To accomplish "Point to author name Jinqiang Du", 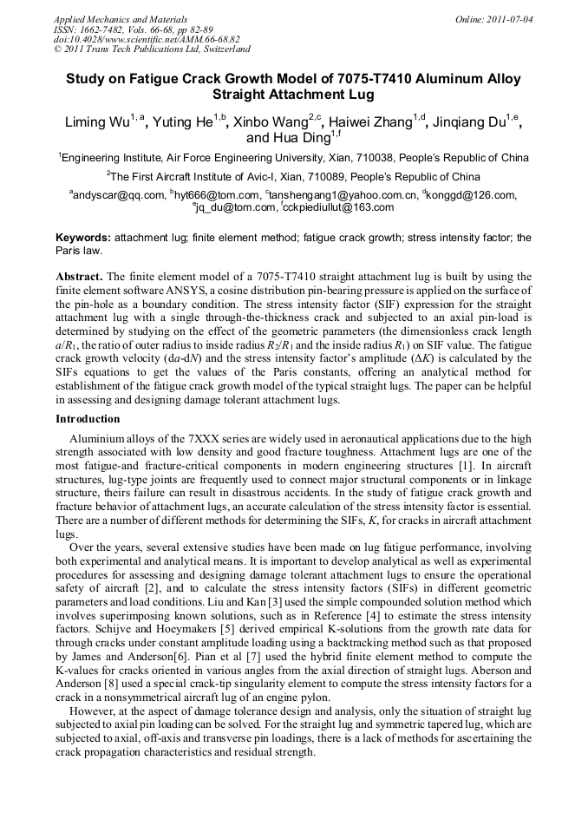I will [469, 122].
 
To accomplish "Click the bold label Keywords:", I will [83, 237].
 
